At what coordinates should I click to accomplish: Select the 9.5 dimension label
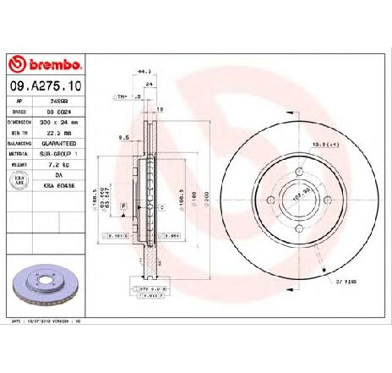coord(122,137)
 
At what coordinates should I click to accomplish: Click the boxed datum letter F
coord(123,206)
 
